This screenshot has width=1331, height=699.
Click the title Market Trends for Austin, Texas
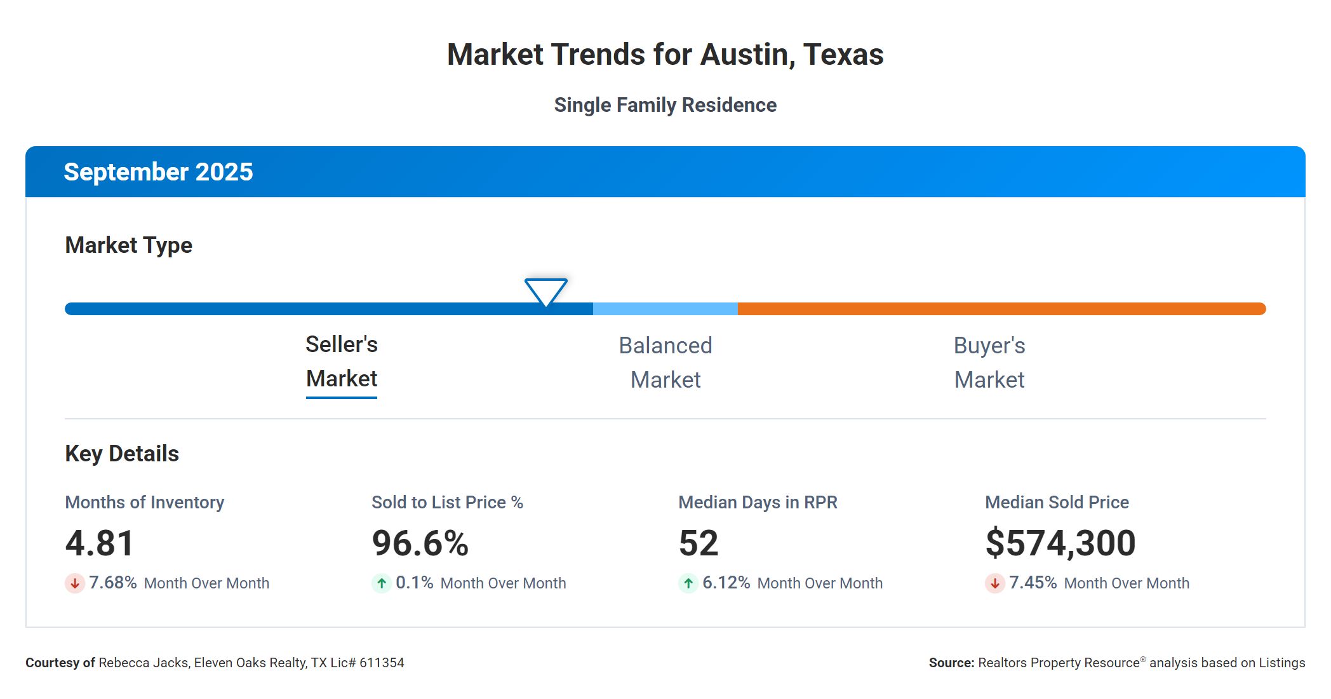[665, 55]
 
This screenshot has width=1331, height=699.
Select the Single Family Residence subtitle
[665, 105]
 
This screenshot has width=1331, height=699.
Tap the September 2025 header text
[158, 172]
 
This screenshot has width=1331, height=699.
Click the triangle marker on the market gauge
[546, 291]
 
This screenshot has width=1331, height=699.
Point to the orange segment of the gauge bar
[1001, 309]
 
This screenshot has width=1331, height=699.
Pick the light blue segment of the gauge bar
[665, 309]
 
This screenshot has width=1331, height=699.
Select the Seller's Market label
[342, 362]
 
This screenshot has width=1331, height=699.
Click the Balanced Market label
[665, 363]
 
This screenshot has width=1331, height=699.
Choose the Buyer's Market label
[989, 363]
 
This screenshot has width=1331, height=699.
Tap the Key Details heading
[122, 454]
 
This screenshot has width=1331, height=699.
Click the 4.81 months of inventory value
[100, 543]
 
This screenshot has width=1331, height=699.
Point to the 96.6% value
[420, 543]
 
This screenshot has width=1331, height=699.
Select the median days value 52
[698, 543]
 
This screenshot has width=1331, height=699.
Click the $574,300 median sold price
[1060, 543]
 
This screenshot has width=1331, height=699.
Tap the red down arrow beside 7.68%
[75, 583]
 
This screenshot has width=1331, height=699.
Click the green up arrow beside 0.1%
[382, 583]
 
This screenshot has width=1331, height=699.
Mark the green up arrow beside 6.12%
[688, 583]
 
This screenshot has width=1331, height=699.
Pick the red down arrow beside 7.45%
[995, 583]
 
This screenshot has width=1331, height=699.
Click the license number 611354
[382, 663]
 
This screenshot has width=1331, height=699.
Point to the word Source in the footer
[951, 663]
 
